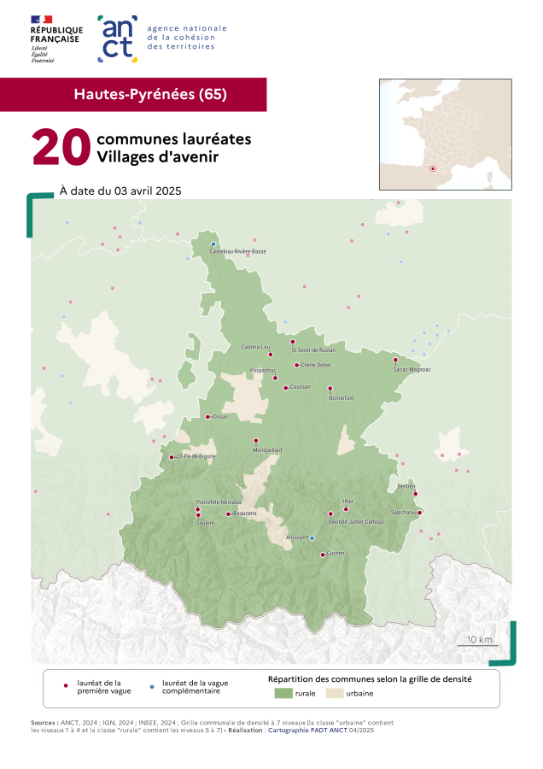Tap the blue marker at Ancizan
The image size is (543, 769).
click(312, 538)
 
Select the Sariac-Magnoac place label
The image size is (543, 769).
click(412, 370)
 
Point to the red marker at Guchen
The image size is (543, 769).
click(323, 555)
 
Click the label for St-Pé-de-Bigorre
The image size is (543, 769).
click(196, 457)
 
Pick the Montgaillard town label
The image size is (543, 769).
click(266, 449)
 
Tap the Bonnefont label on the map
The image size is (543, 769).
click(341, 398)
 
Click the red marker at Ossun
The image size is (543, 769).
click(207, 417)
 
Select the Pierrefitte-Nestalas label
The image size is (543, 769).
click(219, 502)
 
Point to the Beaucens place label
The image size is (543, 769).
click(244, 514)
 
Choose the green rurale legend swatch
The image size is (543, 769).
click(283, 693)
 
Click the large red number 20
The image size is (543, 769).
click(61, 148)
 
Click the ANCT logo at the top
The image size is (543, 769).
click(118, 38)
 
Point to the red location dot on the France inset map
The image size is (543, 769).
click(433, 168)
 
